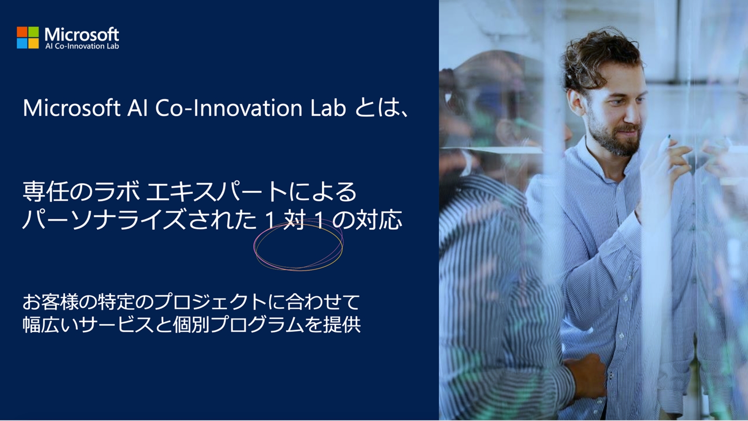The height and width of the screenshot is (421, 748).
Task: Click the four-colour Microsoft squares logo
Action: tap(28, 37)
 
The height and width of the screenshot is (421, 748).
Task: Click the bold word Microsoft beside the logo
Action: tap(82, 34)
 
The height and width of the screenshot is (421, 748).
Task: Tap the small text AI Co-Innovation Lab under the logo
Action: tap(82, 46)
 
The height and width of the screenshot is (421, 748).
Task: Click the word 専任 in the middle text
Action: tap(46, 192)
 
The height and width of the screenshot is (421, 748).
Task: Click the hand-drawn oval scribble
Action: tap(298, 248)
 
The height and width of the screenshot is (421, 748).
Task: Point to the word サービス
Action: tap(116, 325)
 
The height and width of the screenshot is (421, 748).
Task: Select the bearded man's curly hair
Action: tap(599, 56)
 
